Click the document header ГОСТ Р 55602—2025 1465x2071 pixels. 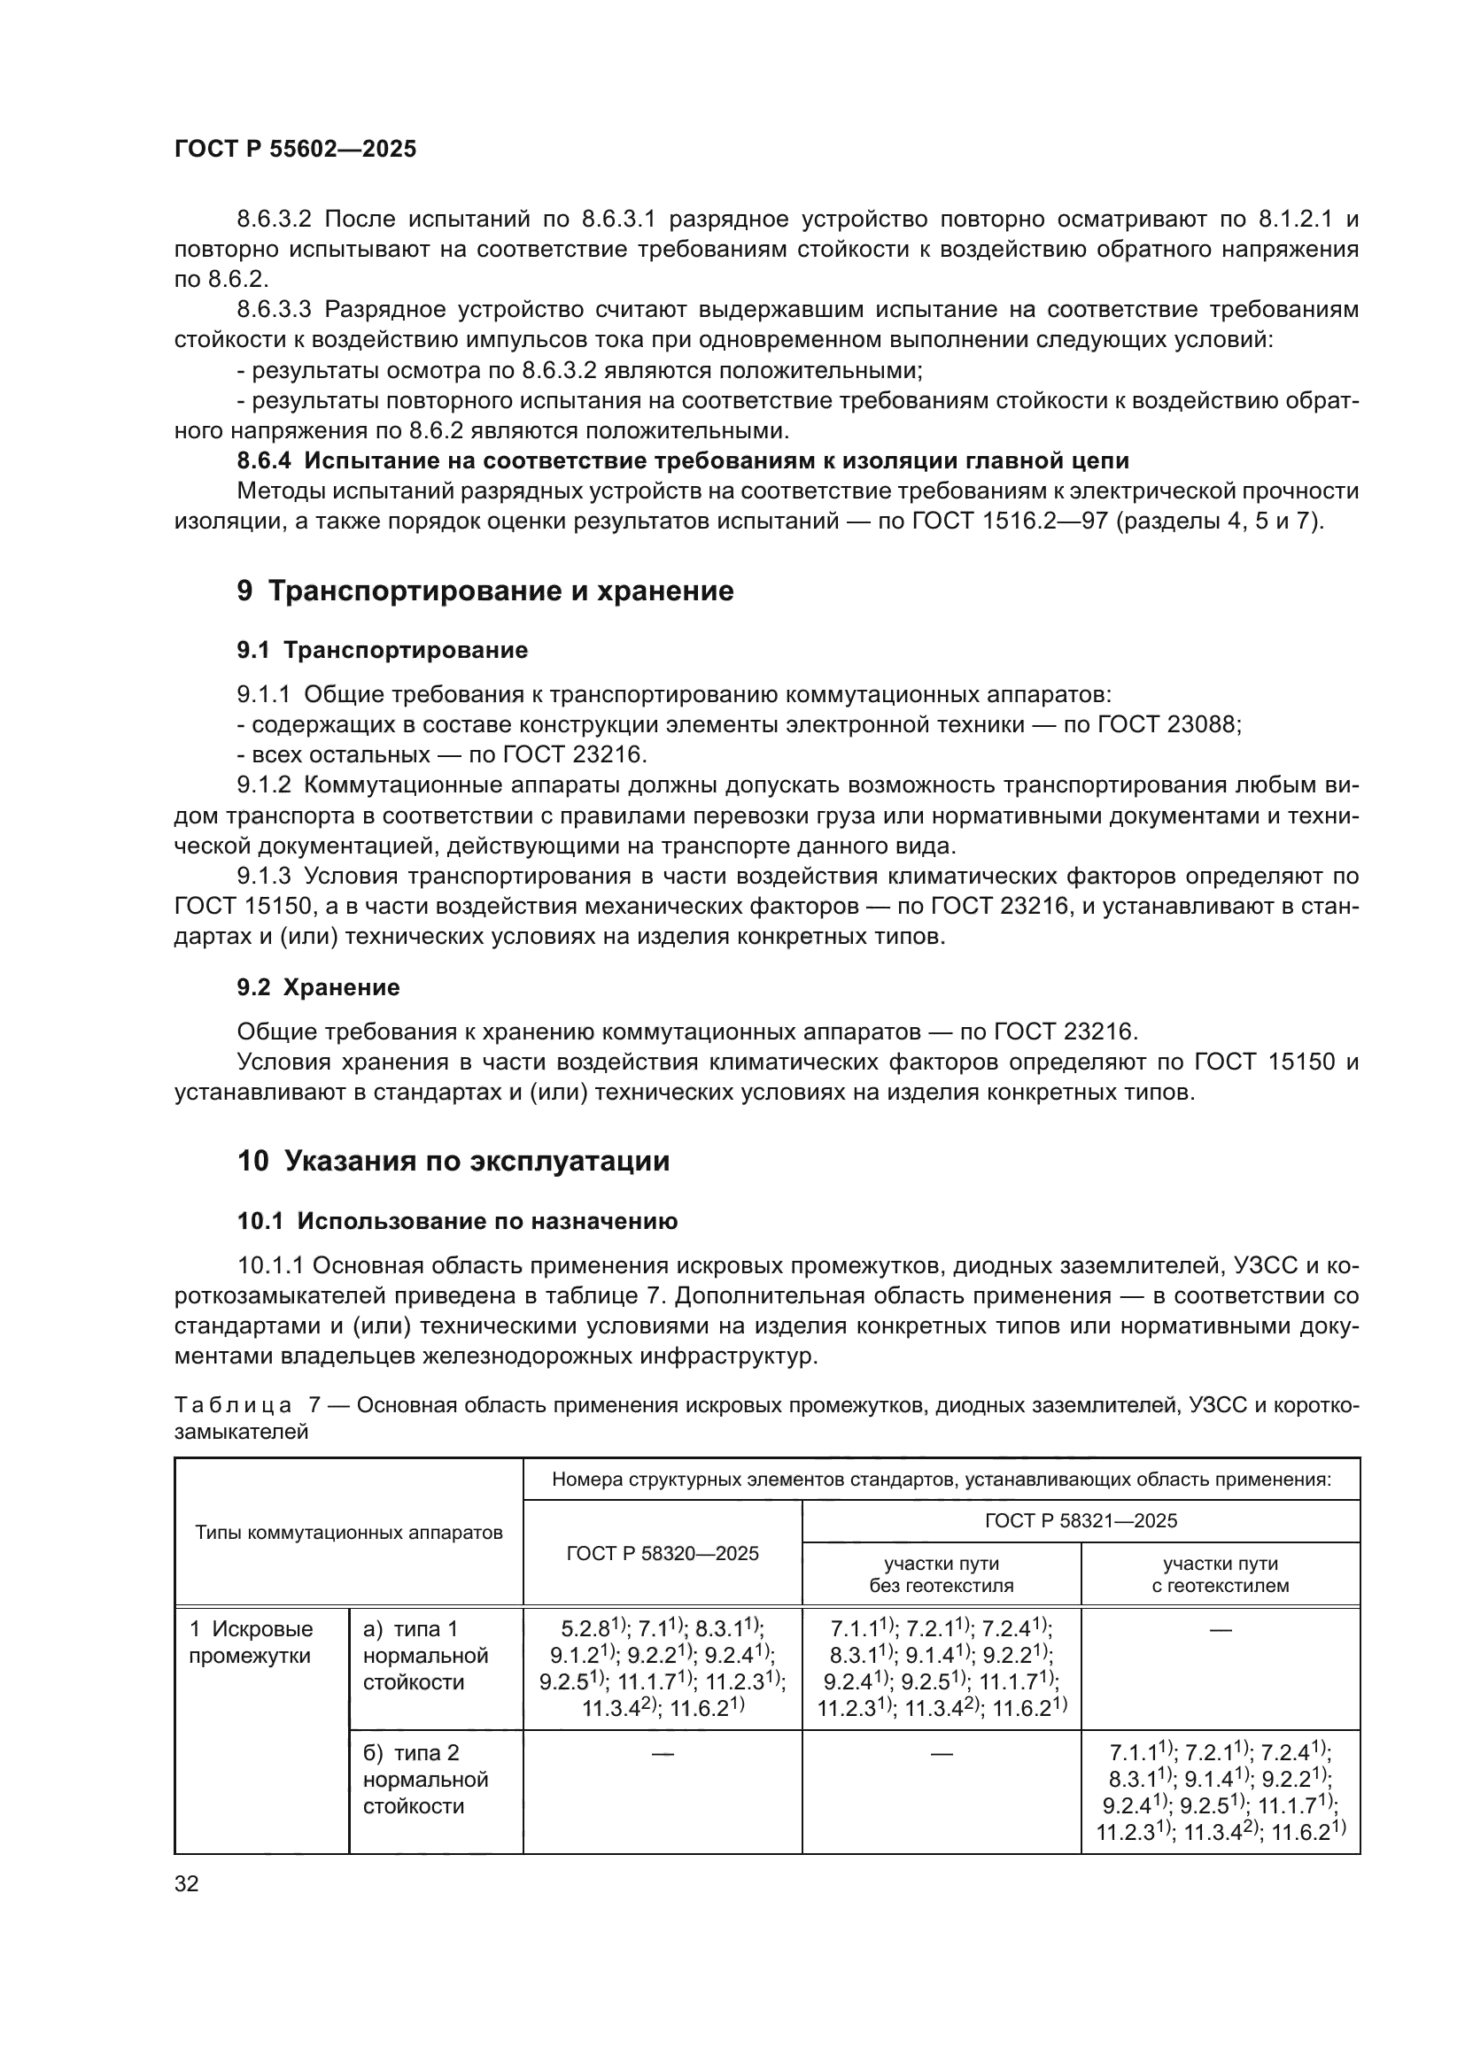click(x=295, y=149)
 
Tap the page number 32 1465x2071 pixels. click(x=186, y=1883)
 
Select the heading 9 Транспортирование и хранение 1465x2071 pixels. click(x=485, y=591)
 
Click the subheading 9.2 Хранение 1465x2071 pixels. click(x=319, y=986)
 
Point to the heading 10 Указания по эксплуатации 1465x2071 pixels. click(x=453, y=1161)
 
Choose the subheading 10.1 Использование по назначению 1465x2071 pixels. click(x=457, y=1221)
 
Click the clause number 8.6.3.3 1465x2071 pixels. click(x=274, y=309)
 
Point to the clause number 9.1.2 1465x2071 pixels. click(x=264, y=784)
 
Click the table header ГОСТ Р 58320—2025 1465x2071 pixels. click(x=663, y=1553)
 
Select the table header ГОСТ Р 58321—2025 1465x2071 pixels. click(x=1081, y=1521)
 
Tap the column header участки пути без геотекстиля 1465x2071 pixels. click(x=941, y=1574)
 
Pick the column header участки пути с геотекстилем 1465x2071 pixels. click(x=1220, y=1574)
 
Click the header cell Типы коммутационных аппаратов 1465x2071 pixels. click(x=348, y=1533)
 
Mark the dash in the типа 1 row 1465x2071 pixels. click(x=1220, y=1630)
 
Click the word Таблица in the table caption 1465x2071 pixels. click(x=233, y=1405)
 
